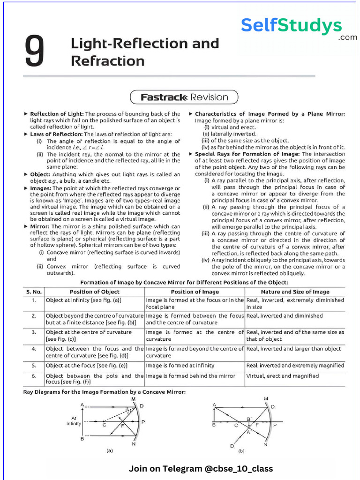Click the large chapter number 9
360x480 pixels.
pyautogui.click(x=36, y=52)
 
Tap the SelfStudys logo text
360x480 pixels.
pyautogui.click(x=291, y=26)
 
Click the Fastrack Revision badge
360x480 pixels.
pyautogui.click(x=184, y=97)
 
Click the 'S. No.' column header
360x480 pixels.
pyautogui.click(x=34, y=292)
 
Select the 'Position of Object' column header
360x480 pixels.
pyautogui.click(x=94, y=292)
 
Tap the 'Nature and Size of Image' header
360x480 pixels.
pyautogui.click(x=295, y=292)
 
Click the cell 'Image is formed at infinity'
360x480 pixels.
pyautogui.click(x=180, y=366)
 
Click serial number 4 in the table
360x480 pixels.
pyautogui.click(x=34, y=349)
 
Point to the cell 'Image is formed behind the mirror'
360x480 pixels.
pyautogui.click(x=190, y=376)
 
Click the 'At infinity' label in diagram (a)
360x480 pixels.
pyautogui.click(x=74, y=420)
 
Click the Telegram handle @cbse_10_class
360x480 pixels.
pyautogui.click(x=236, y=469)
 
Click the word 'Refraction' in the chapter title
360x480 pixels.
pyautogui.click(x=108, y=61)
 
